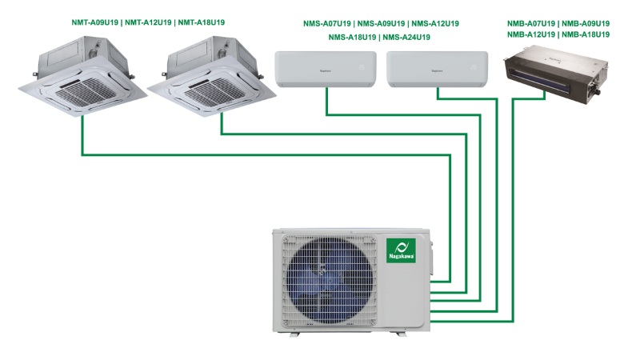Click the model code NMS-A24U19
pos(406,38)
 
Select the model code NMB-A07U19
pos(531,24)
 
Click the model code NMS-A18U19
pos(351,38)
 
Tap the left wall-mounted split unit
pos(326,70)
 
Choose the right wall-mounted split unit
pos(437,70)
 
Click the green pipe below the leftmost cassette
pos(82,136)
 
